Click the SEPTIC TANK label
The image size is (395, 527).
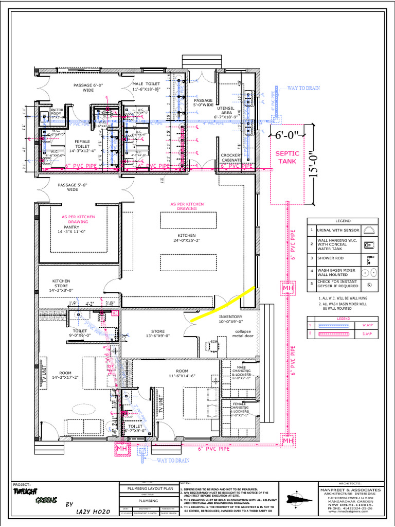(286, 157)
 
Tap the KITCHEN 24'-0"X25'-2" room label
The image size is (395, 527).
(187, 238)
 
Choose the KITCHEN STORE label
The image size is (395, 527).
(61, 286)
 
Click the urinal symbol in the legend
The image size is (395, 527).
(369, 230)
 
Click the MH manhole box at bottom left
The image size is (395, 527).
(121, 449)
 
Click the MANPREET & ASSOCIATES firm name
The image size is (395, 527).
(350, 489)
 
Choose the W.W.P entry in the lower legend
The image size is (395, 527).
(369, 326)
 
